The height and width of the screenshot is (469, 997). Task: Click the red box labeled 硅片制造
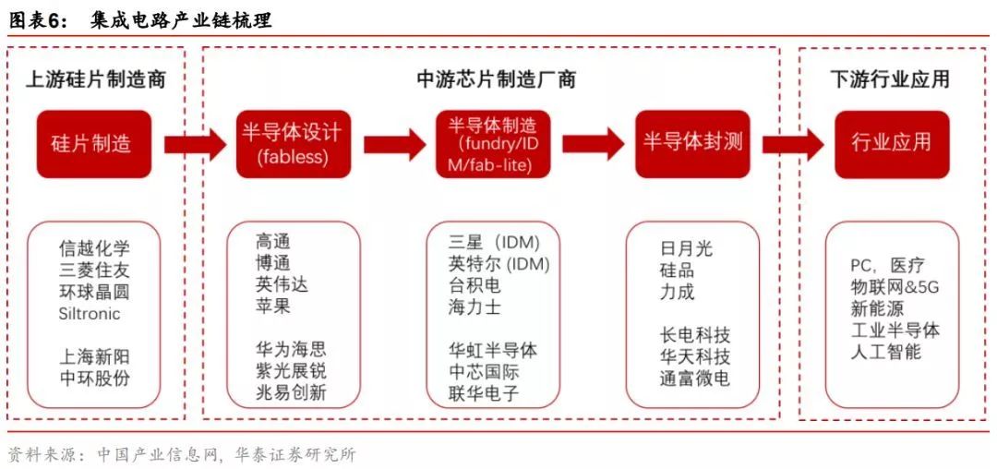pyautogui.click(x=94, y=144)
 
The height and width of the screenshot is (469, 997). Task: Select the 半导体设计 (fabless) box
pyautogui.click(x=294, y=144)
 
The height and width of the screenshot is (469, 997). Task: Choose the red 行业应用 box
pyautogui.click(x=892, y=144)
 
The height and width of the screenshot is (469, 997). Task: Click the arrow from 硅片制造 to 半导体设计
pyautogui.click(x=195, y=144)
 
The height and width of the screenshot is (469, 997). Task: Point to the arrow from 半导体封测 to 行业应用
pyautogui.click(x=793, y=144)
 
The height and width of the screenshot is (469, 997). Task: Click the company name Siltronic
pyautogui.click(x=89, y=313)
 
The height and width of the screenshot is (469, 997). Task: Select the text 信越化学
pyautogui.click(x=94, y=247)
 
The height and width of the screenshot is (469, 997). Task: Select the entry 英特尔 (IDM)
pyautogui.click(x=498, y=263)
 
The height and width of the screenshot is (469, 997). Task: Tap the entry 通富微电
pyautogui.click(x=695, y=379)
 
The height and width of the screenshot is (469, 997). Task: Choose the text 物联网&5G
pyautogui.click(x=895, y=287)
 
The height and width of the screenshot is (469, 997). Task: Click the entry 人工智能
pyautogui.click(x=885, y=352)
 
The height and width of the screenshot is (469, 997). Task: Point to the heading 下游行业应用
pyautogui.click(x=890, y=79)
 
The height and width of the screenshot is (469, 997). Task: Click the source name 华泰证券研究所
pyautogui.click(x=295, y=455)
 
